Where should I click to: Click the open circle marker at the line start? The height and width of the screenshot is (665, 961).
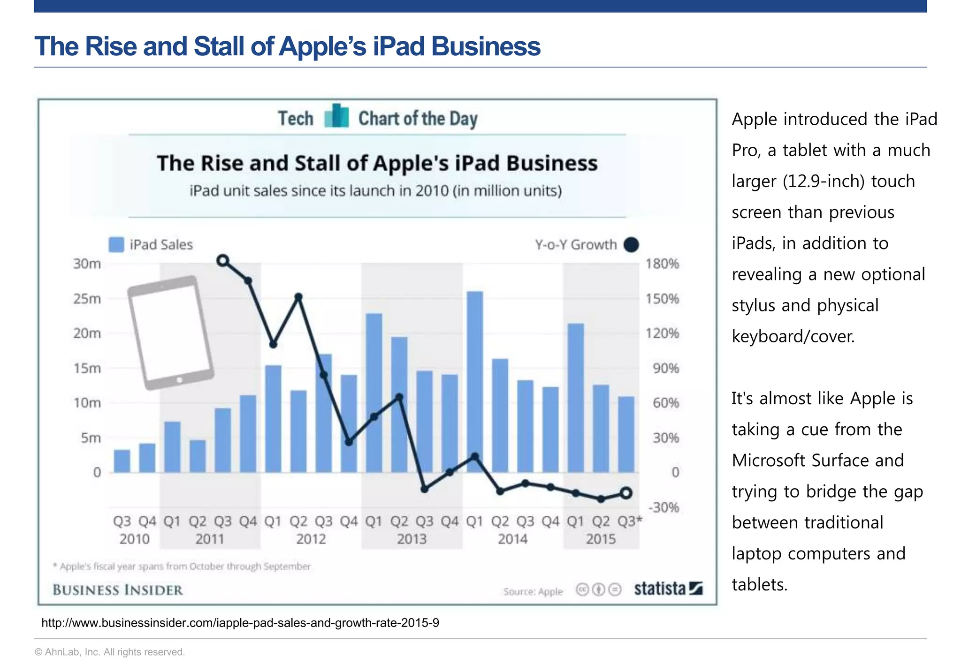click(223, 260)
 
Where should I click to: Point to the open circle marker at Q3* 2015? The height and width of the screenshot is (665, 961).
click(626, 492)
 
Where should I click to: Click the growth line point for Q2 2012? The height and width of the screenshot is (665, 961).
click(298, 297)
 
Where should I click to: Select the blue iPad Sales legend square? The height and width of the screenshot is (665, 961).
click(116, 244)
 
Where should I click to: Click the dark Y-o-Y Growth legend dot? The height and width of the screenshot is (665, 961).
click(631, 244)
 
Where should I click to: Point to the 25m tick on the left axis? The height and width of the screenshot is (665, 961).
click(87, 299)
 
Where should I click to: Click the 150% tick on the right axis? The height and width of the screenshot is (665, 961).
click(662, 299)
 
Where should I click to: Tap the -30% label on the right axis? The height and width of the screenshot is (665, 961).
click(664, 507)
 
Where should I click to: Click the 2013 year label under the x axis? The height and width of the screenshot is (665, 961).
click(412, 539)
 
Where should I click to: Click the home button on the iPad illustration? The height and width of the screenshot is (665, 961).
click(179, 380)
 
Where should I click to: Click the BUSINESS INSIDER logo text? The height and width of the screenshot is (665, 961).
click(118, 590)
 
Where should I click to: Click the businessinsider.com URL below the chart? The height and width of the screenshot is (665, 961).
click(240, 623)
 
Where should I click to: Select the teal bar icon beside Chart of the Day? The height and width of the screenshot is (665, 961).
click(336, 116)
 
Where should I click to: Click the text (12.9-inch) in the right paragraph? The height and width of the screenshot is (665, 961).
click(823, 181)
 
